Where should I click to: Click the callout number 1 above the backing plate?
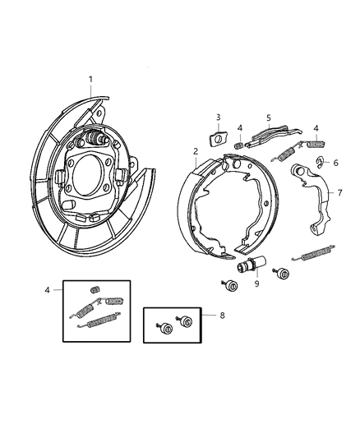click(x=91, y=79)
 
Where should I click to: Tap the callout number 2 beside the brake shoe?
click(x=195, y=150)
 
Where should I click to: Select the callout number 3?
click(x=219, y=117)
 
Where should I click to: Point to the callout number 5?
click(x=268, y=118)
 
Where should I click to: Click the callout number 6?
click(x=335, y=164)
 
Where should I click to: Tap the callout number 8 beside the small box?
click(x=221, y=315)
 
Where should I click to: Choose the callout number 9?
click(x=257, y=284)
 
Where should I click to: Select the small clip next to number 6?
click(x=319, y=161)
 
